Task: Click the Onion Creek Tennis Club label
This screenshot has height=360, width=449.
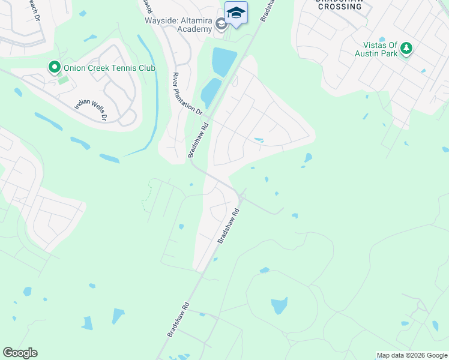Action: pos(109,68)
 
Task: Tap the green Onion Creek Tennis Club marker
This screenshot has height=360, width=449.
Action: pos(54,67)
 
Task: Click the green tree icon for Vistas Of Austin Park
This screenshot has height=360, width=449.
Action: pos(407,48)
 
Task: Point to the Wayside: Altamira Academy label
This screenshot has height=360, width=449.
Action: pos(179,24)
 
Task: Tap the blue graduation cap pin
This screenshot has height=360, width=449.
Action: pos(236,13)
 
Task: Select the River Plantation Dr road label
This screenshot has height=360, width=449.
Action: pos(188,94)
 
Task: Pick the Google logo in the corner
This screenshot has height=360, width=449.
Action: pos(20,353)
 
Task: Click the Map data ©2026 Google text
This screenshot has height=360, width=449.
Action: pos(412,355)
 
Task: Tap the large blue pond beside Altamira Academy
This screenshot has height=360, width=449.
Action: pos(223,62)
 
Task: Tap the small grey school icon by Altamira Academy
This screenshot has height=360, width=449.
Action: pos(221,25)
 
